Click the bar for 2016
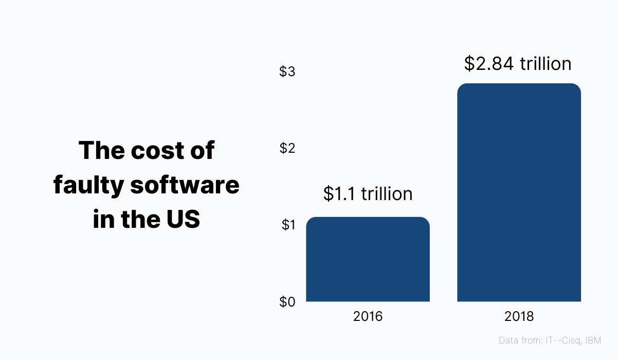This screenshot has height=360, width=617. pyautogui.click(x=368, y=259)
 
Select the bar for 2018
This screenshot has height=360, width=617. pyautogui.click(x=519, y=192)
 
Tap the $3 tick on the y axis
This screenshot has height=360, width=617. pyautogui.click(x=287, y=71)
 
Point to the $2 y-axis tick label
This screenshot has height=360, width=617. pyautogui.click(x=287, y=148)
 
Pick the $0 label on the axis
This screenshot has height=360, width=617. pyautogui.click(x=287, y=302)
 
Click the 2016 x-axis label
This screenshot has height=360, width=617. pyautogui.click(x=368, y=316)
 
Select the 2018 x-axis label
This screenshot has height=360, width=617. pyautogui.click(x=519, y=316)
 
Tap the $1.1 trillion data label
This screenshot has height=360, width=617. pyautogui.click(x=368, y=193)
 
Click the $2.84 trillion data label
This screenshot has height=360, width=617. pyautogui.click(x=518, y=63)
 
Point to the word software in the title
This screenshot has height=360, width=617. pyautogui.click(x=185, y=185)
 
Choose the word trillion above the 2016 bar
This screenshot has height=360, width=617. pyautogui.click(x=387, y=193)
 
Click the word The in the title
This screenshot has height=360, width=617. pyautogui.click(x=100, y=151)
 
